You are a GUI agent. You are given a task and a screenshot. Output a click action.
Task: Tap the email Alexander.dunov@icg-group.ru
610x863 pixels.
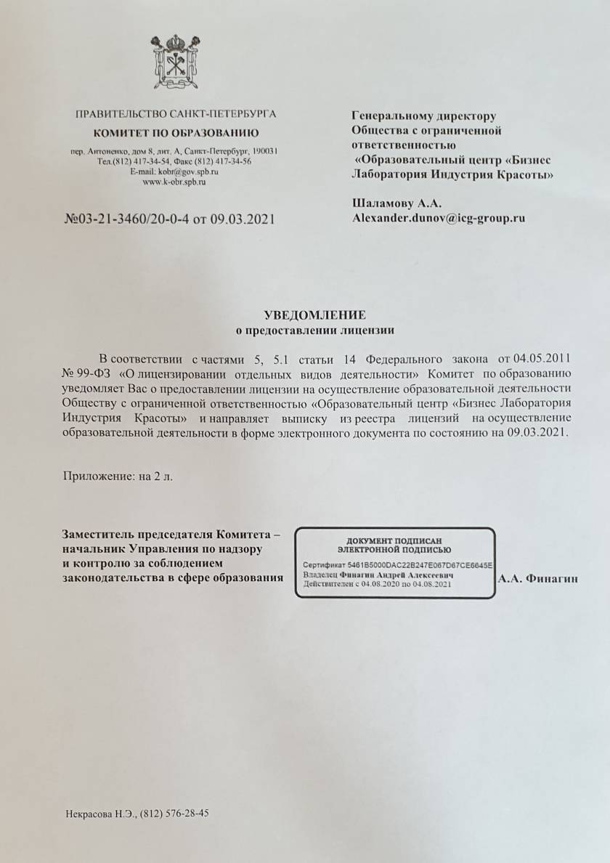pos(438,216)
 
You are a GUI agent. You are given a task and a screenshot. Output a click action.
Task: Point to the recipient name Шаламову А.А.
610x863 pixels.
pos(396,203)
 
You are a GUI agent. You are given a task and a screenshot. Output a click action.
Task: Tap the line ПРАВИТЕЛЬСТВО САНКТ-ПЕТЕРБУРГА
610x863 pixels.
pos(175,114)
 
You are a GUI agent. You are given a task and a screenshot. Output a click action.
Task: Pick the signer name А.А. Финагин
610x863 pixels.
pos(537,578)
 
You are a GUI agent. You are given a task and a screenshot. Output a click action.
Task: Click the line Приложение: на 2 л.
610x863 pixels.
pos(118,477)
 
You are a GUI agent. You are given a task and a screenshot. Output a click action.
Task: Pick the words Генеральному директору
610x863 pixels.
pos(423,116)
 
